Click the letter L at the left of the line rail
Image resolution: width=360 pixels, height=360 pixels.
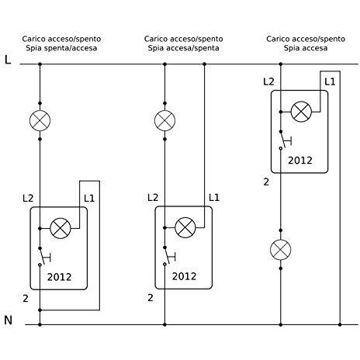[x=8, y=60]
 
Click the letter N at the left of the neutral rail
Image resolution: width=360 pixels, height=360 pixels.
[x=8, y=320]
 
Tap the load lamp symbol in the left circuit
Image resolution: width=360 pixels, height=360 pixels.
[x=40, y=120]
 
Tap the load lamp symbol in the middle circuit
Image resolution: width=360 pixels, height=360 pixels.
[x=164, y=120]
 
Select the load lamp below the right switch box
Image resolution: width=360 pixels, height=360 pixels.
[x=281, y=250]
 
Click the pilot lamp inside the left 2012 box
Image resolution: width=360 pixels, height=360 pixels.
[x=61, y=228]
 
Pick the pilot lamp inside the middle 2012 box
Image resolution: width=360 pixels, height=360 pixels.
[x=185, y=227]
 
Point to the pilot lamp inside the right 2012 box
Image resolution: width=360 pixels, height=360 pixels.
[x=301, y=112]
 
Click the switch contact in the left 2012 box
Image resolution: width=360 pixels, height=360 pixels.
[x=43, y=257]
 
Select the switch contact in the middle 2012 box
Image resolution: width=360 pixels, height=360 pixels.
[x=168, y=256]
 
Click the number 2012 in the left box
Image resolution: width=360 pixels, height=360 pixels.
[x=59, y=277]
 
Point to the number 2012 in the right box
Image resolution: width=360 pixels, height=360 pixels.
[x=300, y=161]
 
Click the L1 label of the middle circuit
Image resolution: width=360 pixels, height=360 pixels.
[x=214, y=198]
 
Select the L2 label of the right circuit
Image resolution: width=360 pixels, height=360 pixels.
[x=268, y=82]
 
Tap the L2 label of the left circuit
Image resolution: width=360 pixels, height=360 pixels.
[x=28, y=199]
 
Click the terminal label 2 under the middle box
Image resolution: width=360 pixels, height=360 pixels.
[x=151, y=298]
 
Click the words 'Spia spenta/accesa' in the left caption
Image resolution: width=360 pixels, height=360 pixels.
[x=61, y=48]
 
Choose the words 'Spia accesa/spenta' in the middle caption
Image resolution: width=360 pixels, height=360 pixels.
[x=184, y=48]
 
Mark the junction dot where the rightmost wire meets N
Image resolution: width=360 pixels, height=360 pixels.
[x=340, y=324]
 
